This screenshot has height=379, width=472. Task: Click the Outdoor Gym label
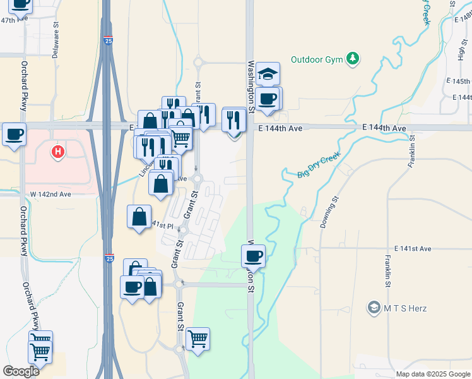tap(316, 60)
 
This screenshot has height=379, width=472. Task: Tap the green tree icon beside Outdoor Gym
tap(354, 59)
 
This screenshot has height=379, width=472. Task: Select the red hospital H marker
tap(58, 152)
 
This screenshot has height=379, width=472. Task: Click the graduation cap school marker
tap(268, 73)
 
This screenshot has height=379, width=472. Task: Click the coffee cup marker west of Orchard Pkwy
tap(14, 134)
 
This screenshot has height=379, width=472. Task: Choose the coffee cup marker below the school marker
tap(268, 99)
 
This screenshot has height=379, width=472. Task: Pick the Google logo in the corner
tap(21, 371)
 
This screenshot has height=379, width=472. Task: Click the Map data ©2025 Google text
tap(433, 374)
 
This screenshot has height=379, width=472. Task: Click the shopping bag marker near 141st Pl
tap(139, 217)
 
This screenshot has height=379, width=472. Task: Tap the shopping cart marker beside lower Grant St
tap(198, 339)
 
